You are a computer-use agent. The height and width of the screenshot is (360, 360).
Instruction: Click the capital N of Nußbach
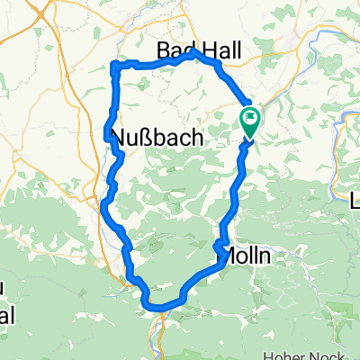point(116,138)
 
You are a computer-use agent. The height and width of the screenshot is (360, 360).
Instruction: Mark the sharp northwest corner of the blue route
point(113,64)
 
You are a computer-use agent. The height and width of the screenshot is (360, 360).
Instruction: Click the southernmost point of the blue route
point(160,309)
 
